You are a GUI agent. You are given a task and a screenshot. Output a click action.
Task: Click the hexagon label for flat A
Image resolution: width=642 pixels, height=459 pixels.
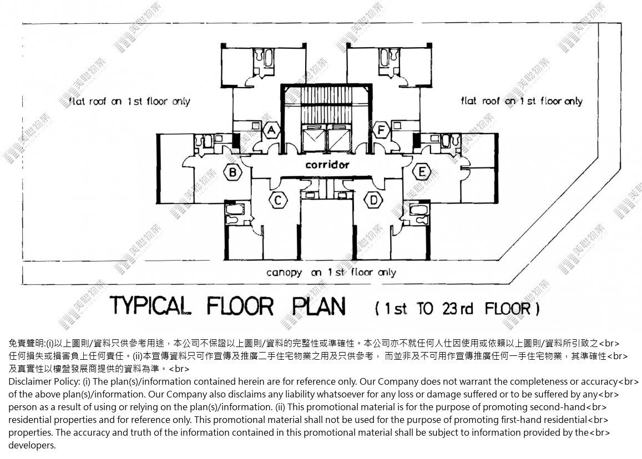click(271, 130)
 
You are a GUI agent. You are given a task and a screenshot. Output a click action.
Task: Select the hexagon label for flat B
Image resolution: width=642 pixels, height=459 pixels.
click(232, 172)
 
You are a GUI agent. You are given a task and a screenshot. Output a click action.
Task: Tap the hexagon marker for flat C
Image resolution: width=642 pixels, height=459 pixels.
click(278, 201)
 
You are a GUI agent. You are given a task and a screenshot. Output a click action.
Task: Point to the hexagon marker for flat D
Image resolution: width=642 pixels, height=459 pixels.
click(373, 201)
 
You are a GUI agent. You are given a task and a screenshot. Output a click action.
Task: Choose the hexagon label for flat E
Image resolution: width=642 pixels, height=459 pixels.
click(422, 172)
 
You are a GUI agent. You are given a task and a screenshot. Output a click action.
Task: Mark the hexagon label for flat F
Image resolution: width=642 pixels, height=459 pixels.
click(381, 130)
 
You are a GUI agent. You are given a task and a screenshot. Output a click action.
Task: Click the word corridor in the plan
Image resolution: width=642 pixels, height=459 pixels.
click(327, 165)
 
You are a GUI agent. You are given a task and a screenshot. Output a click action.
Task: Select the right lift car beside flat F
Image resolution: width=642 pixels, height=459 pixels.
click(339, 139)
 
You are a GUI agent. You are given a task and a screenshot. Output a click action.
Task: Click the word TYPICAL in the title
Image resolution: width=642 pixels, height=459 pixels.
click(150, 306)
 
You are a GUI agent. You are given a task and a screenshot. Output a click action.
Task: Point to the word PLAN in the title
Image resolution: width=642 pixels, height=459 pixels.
click(319, 306)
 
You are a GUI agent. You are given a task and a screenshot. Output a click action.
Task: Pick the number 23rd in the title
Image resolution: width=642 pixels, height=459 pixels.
click(457, 308)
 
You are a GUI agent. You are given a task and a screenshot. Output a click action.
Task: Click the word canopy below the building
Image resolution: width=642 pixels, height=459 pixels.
click(284, 273)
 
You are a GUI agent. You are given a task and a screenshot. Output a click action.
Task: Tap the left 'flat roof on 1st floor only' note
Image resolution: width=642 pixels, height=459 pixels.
click(129, 101)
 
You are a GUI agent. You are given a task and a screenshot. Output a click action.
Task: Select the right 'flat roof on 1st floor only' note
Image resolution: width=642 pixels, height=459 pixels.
click(522, 101)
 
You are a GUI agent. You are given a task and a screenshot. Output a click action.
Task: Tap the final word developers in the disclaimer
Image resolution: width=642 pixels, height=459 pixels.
click(32, 446)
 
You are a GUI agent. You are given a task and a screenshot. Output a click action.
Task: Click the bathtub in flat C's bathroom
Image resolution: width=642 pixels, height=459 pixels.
click(236, 210)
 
